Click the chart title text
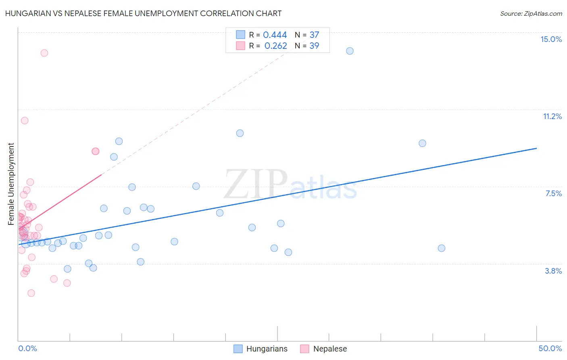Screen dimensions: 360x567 143,13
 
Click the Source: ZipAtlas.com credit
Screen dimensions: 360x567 531,14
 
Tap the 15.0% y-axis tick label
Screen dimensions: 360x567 551,39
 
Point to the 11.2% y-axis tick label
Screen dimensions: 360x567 552,116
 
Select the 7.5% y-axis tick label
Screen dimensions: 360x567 553,193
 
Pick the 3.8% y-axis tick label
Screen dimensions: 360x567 553,271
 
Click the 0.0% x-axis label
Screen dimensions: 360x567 27,348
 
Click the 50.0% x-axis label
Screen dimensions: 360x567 550,348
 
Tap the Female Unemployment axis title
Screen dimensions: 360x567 11,184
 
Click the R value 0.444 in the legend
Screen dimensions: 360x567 275,35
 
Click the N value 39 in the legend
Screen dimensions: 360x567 314,46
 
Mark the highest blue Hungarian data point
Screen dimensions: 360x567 350,51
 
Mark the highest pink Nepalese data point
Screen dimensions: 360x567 44,53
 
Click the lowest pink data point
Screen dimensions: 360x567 31,293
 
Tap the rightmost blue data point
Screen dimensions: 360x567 442,248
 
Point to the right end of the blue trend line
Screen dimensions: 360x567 536,148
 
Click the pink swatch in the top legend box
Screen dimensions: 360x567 240,46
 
